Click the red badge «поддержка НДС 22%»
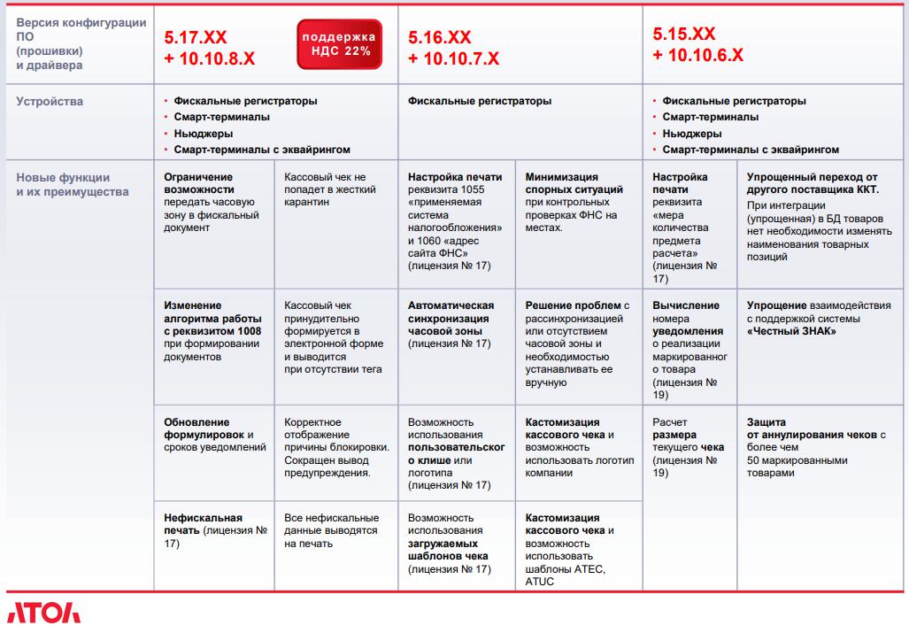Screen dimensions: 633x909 click(338, 44)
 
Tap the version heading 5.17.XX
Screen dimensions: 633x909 click(196, 37)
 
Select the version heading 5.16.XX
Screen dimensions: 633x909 click(440, 37)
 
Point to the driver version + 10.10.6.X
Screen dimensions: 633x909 click(697, 55)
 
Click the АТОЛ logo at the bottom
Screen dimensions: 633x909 click(43, 614)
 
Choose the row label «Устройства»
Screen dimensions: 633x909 click(50, 101)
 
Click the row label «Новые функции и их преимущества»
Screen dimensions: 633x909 click(72, 184)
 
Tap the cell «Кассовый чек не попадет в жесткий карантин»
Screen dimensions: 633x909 click(329, 189)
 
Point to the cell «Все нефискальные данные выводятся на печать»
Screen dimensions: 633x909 click(331, 530)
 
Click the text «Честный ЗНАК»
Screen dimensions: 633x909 click(792, 332)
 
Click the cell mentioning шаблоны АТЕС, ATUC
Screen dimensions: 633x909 click(574, 549)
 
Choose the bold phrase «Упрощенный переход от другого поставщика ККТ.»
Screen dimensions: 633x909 click(812, 183)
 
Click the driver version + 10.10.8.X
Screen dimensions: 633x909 click(210, 58)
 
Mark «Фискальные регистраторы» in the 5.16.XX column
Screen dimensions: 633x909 click(480, 101)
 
